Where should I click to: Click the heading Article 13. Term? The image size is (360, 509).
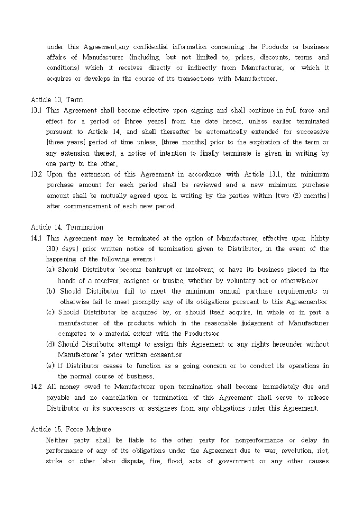[x=57, y=99]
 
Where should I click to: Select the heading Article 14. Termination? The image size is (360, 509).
[x=67, y=227]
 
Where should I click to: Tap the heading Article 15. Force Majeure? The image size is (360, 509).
[x=71, y=429]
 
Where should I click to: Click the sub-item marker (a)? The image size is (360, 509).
[x=51, y=270]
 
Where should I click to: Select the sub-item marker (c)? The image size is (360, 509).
[x=51, y=312]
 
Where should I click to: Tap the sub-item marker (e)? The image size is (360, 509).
[x=51, y=366]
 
